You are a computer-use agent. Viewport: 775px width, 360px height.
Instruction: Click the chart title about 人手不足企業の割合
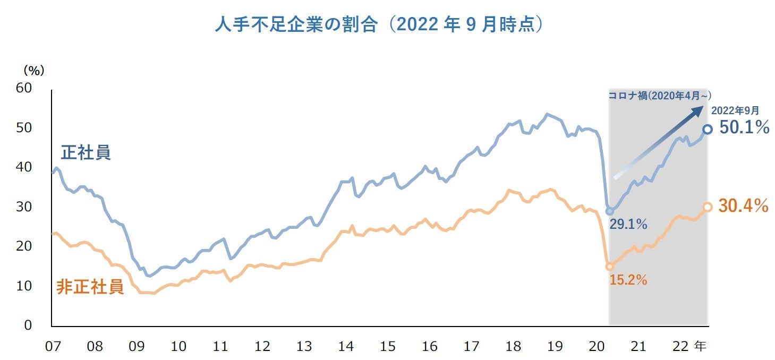point(379,25)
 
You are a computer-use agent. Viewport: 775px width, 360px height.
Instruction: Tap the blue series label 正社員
point(86,152)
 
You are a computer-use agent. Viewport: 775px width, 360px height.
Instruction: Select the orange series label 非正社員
point(90,287)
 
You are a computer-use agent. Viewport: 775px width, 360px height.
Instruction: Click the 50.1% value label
point(744,128)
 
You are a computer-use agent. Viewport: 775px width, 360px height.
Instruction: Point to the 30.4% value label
point(744,206)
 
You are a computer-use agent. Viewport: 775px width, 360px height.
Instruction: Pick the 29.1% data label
point(628,225)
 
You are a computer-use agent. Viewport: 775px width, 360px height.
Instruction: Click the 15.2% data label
point(628,280)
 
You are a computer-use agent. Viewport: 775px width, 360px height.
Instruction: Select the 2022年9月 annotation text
point(735,110)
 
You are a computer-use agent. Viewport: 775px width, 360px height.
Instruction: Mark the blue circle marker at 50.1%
point(707,129)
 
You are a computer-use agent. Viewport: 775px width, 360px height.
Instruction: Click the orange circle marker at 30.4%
point(707,207)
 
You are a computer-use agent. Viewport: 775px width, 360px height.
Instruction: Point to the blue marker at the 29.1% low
point(609,211)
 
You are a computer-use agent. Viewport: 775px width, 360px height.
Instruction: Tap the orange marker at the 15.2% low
point(609,267)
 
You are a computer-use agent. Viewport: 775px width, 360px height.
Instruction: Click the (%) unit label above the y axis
point(33,70)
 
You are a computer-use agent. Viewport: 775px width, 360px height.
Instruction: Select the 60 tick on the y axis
point(24,88)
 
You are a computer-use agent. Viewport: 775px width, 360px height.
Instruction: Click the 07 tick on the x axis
point(52,347)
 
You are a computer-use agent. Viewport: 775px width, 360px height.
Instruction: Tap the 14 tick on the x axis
point(346,347)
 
